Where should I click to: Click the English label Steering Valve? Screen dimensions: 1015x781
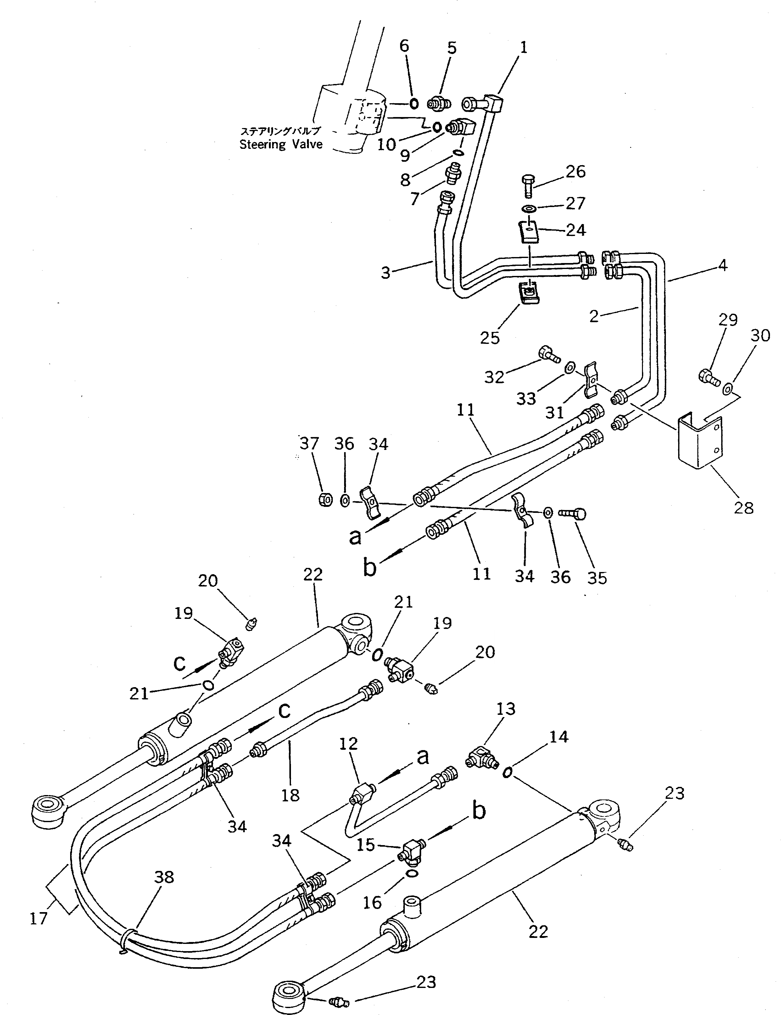[281, 144]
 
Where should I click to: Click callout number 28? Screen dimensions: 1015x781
[743, 507]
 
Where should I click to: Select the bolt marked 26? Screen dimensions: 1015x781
[528, 186]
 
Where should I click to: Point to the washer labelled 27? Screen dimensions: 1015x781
[528, 208]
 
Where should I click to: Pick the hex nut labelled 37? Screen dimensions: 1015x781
[325, 500]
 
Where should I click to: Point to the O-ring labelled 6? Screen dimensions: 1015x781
[414, 103]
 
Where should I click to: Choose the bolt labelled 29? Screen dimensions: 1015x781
[708, 376]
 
